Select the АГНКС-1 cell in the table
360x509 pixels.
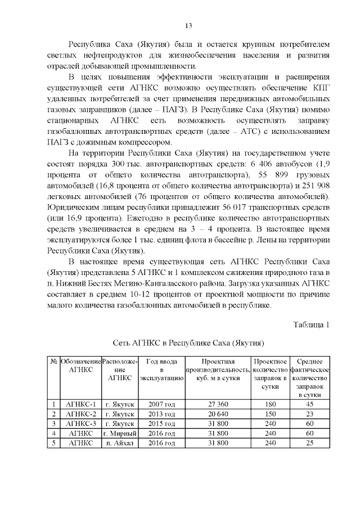pyautogui.click(x=81, y=404)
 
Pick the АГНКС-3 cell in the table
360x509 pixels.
pyautogui.click(x=81, y=423)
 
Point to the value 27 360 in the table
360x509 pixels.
pyautogui.click(x=218, y=404)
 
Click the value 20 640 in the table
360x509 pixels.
pyautogui.click(x=218, y=413)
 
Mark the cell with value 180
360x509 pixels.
pyautogui.click(x=271, y=404)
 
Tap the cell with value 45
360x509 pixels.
pyautogui.click(x=309, y=404)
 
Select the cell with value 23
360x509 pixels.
pyautogui.click(x=309, y=413)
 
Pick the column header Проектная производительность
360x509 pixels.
pyautogui.click(x=218, y=370)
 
